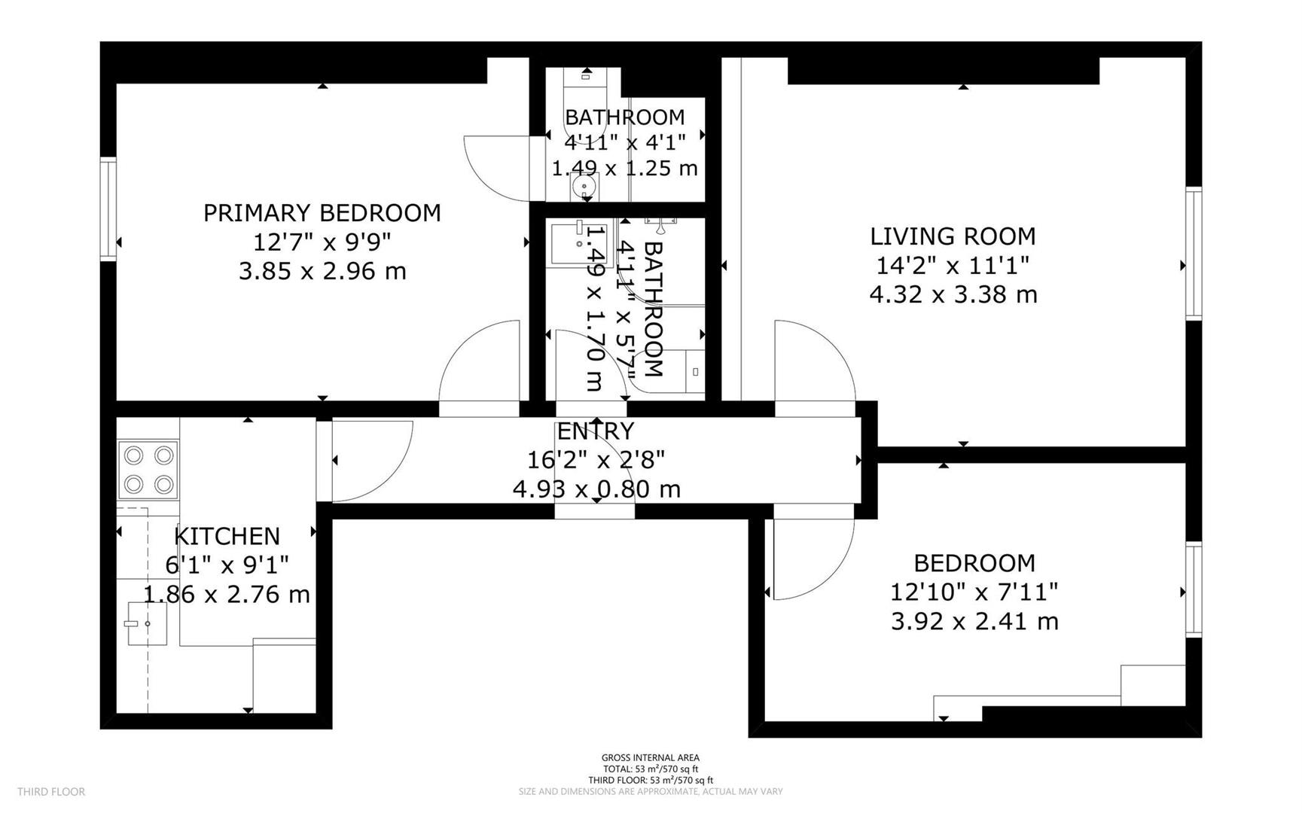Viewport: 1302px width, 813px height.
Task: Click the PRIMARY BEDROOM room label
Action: [322, 213]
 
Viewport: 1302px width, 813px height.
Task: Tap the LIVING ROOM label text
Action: [953, 236]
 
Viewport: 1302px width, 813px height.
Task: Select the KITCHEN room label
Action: [227, 536]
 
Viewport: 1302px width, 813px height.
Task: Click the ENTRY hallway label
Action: [595, 431]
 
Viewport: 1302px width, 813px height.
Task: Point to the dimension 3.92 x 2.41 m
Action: [974, 622]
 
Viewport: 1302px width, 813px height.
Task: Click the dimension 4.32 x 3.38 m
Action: [953, 294]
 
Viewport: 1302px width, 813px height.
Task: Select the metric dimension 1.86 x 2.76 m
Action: [227, 595]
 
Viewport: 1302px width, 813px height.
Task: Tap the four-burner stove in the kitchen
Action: [149, 470]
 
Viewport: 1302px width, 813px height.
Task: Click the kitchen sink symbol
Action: [146, 623]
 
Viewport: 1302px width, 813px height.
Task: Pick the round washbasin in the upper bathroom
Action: [584, 185]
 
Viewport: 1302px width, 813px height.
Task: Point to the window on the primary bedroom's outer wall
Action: [108, 209]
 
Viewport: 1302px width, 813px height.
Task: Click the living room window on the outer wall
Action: [1193, 254]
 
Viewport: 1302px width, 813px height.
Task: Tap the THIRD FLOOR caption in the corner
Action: [51, 791]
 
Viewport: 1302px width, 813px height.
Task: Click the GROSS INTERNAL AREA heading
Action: [650, 757]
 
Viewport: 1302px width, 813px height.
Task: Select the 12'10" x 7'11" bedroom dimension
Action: [974, 592]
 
